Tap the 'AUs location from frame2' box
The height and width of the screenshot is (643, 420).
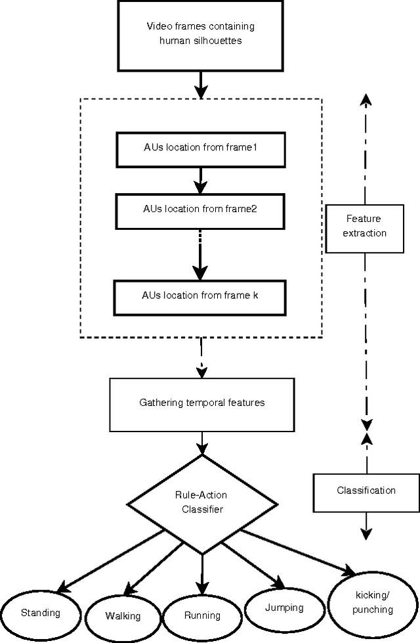199,210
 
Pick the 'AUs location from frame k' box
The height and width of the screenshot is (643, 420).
200,296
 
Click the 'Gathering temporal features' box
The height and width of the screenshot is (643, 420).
201,403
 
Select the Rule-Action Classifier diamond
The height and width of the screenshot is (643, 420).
201,503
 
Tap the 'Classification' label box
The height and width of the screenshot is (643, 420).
366,491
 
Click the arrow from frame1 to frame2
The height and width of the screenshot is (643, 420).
200,179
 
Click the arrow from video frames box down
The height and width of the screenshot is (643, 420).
200,84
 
